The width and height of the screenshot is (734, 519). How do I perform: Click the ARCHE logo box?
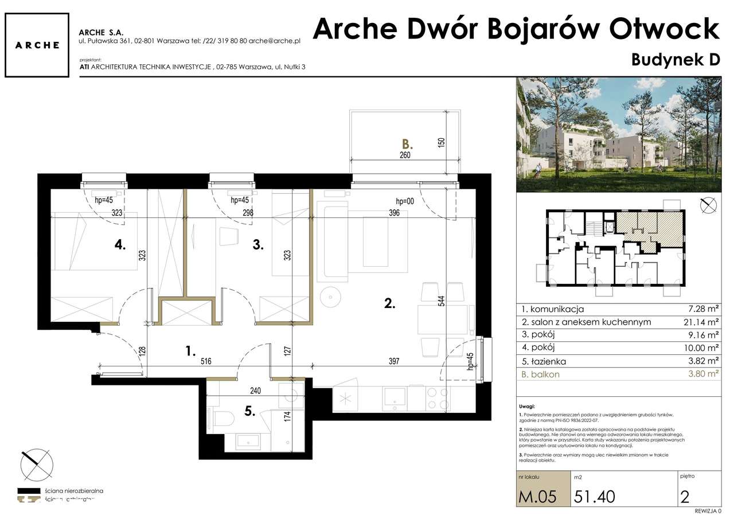(x=37, y=45)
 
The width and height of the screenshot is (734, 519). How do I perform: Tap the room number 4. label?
(x=120, y=245)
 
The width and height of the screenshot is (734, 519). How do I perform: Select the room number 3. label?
(x=258, y=245)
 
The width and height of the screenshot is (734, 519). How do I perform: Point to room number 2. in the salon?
(x=389, y=304)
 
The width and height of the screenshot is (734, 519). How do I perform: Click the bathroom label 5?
(x=249, y=411)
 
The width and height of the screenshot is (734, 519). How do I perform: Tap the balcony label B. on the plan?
(x=407, y=144)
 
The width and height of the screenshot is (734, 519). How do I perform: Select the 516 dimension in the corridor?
(x=206, y=362)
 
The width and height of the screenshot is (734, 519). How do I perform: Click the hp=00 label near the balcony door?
(x=405, y=201)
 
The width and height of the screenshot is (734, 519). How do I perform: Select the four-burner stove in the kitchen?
(x=437, y=397)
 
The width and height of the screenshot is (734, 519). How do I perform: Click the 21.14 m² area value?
(x=702, y=322)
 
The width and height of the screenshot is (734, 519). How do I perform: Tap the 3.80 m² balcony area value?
(x=702, y=374)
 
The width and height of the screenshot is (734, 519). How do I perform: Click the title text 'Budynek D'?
(x=675, y=59)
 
